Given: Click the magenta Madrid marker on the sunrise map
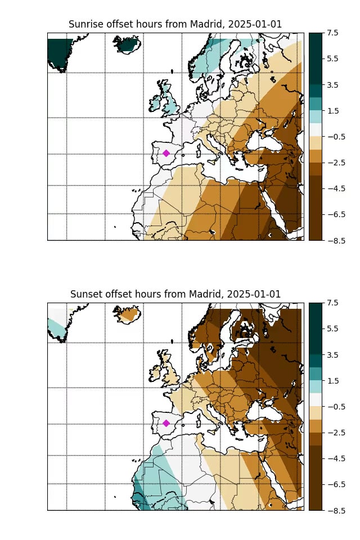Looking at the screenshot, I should click(166, 153).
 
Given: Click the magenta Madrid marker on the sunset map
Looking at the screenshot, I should click(166, 423).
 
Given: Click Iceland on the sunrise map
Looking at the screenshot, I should click(128, 44).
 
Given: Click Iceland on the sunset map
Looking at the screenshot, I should click(128, 314).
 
